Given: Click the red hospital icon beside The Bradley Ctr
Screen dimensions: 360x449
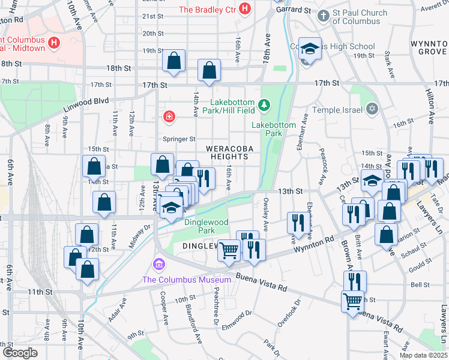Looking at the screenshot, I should click(244, 9).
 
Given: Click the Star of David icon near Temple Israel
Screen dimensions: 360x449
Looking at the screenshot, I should click(372, 109).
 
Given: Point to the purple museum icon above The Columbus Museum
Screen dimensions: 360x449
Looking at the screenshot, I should click(159, 265).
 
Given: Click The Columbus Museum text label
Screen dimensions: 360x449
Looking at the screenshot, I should click(186, 280).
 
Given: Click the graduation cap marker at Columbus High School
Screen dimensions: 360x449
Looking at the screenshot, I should click(310, 49).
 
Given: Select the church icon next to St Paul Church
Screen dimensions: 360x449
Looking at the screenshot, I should click(324, 14).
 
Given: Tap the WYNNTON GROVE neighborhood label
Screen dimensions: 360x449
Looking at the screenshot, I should click(428, 48).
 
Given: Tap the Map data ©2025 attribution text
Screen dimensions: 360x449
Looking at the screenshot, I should click(423, 355).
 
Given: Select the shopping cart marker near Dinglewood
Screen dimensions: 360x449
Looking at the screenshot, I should click(229, 251).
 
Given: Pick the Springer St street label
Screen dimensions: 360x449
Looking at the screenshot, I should click(179, 139).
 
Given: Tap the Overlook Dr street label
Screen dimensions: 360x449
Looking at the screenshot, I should click(287, 311).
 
